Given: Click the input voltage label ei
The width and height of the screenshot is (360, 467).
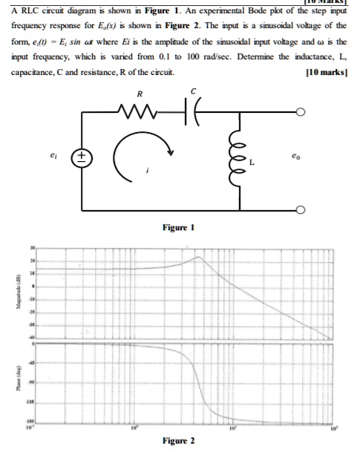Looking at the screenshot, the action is coord(52,156).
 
